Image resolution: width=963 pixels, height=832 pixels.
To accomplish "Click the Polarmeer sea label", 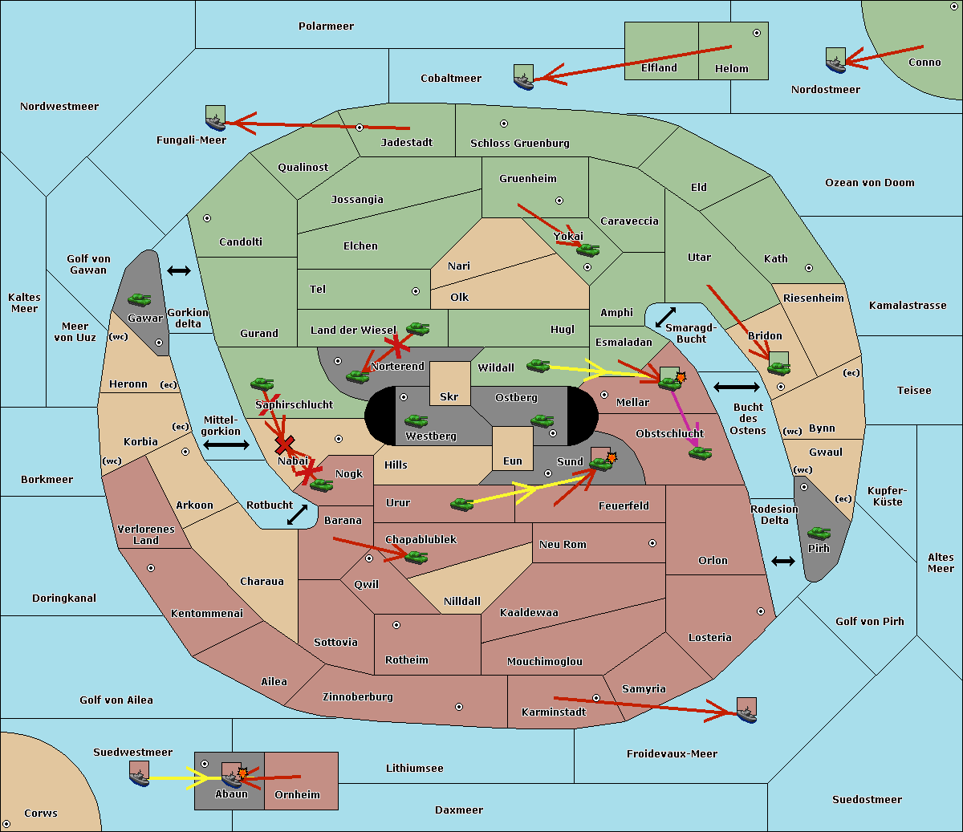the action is click(x=326, y=26).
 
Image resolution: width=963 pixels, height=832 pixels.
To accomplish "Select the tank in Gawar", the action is click(x=140, y=299).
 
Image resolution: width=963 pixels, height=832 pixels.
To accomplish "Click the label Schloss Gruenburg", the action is click(x=519, y=143).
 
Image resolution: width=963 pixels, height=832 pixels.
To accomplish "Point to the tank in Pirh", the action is click(x=819, y=533).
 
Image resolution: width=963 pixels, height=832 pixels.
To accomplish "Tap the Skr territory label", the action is click(x=449, y=396).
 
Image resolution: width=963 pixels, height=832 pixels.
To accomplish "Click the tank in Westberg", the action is click(x=416, y=420).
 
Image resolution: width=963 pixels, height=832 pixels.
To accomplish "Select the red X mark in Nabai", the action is click(x=284, y=444).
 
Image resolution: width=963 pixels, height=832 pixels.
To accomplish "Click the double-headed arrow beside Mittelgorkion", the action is click(x=226, y=444).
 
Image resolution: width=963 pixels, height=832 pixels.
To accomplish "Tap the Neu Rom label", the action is click(x=563, y=544).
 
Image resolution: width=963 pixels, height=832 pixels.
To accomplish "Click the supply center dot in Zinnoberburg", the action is click(x=459, y=707).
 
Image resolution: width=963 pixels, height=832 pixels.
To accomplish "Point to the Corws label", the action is click(x=41, y=813).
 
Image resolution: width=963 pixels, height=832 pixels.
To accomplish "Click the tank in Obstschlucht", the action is click(x=701, y=453).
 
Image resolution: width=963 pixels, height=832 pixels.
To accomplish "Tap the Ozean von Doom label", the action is click(x=869, y=183).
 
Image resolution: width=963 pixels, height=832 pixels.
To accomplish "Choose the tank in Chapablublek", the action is click(x=416, y=557).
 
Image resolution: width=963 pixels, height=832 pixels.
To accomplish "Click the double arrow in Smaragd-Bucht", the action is click(x=665, y=317).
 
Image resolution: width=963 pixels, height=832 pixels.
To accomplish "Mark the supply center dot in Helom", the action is click(x=757, y=33).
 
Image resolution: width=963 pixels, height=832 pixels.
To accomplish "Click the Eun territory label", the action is click(x=513, y=461).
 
